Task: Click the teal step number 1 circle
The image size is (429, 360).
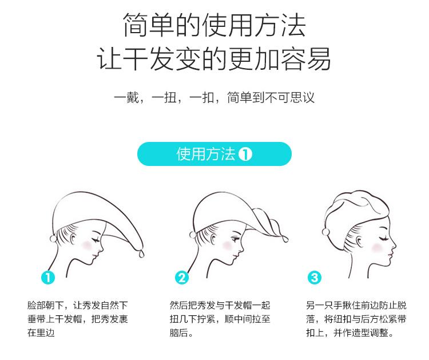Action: tap(48, 278)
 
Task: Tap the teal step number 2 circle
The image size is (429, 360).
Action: tap(182, 278)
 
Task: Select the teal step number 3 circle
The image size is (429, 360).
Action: tap(315, 278)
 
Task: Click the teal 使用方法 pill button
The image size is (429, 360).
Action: tap(214, 154)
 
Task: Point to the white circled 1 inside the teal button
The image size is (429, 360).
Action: tap(245, 154)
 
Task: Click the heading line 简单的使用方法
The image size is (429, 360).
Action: tap(214, 25)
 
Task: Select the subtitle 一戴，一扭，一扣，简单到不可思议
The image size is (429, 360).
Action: tap(214, 97)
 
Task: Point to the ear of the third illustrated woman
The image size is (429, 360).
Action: tap(359, 242)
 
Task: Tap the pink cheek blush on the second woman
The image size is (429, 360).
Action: tap(227, 245)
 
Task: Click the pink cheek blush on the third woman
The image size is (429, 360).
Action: tap(378, 248)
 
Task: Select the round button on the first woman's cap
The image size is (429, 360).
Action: tap(54, 239)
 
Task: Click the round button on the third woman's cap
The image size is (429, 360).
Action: tap(325, 232)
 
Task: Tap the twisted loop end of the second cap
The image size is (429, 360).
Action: tap(285, 239)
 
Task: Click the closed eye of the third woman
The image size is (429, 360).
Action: tap(383, 238)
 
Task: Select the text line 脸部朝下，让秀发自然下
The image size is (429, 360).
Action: tap(78, 305)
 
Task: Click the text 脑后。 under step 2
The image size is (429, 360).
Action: tap(181, 333)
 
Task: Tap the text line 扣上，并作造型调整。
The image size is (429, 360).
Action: tap(350, 333)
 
